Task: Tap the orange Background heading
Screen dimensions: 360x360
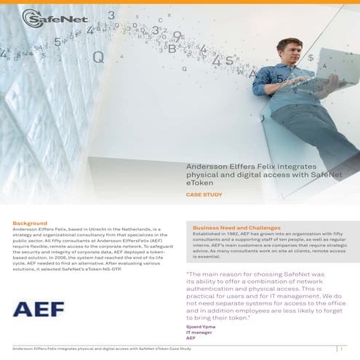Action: (x=30, y=223)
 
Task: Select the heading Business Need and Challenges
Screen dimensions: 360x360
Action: (x=236, y=228)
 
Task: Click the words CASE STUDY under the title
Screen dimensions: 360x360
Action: (x=203, y=196)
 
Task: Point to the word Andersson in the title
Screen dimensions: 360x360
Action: (x=205, y=167)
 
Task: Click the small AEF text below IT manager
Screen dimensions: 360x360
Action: (x=192, y=338)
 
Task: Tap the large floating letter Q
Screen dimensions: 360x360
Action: (x=98, y=57)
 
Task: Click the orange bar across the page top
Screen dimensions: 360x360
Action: (x=180, y=2)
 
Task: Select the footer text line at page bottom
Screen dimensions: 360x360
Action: (x=102, y=349)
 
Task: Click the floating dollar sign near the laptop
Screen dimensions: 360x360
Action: (x=311, y=57)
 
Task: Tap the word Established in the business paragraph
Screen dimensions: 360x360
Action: (x=208, y=234)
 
